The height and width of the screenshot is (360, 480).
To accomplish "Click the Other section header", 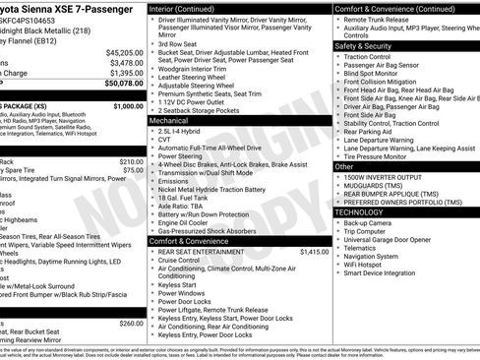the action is tap(344, 167).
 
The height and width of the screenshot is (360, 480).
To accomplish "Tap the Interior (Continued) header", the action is tap(189, 8).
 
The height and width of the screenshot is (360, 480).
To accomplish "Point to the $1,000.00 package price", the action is tap(128, 105).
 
